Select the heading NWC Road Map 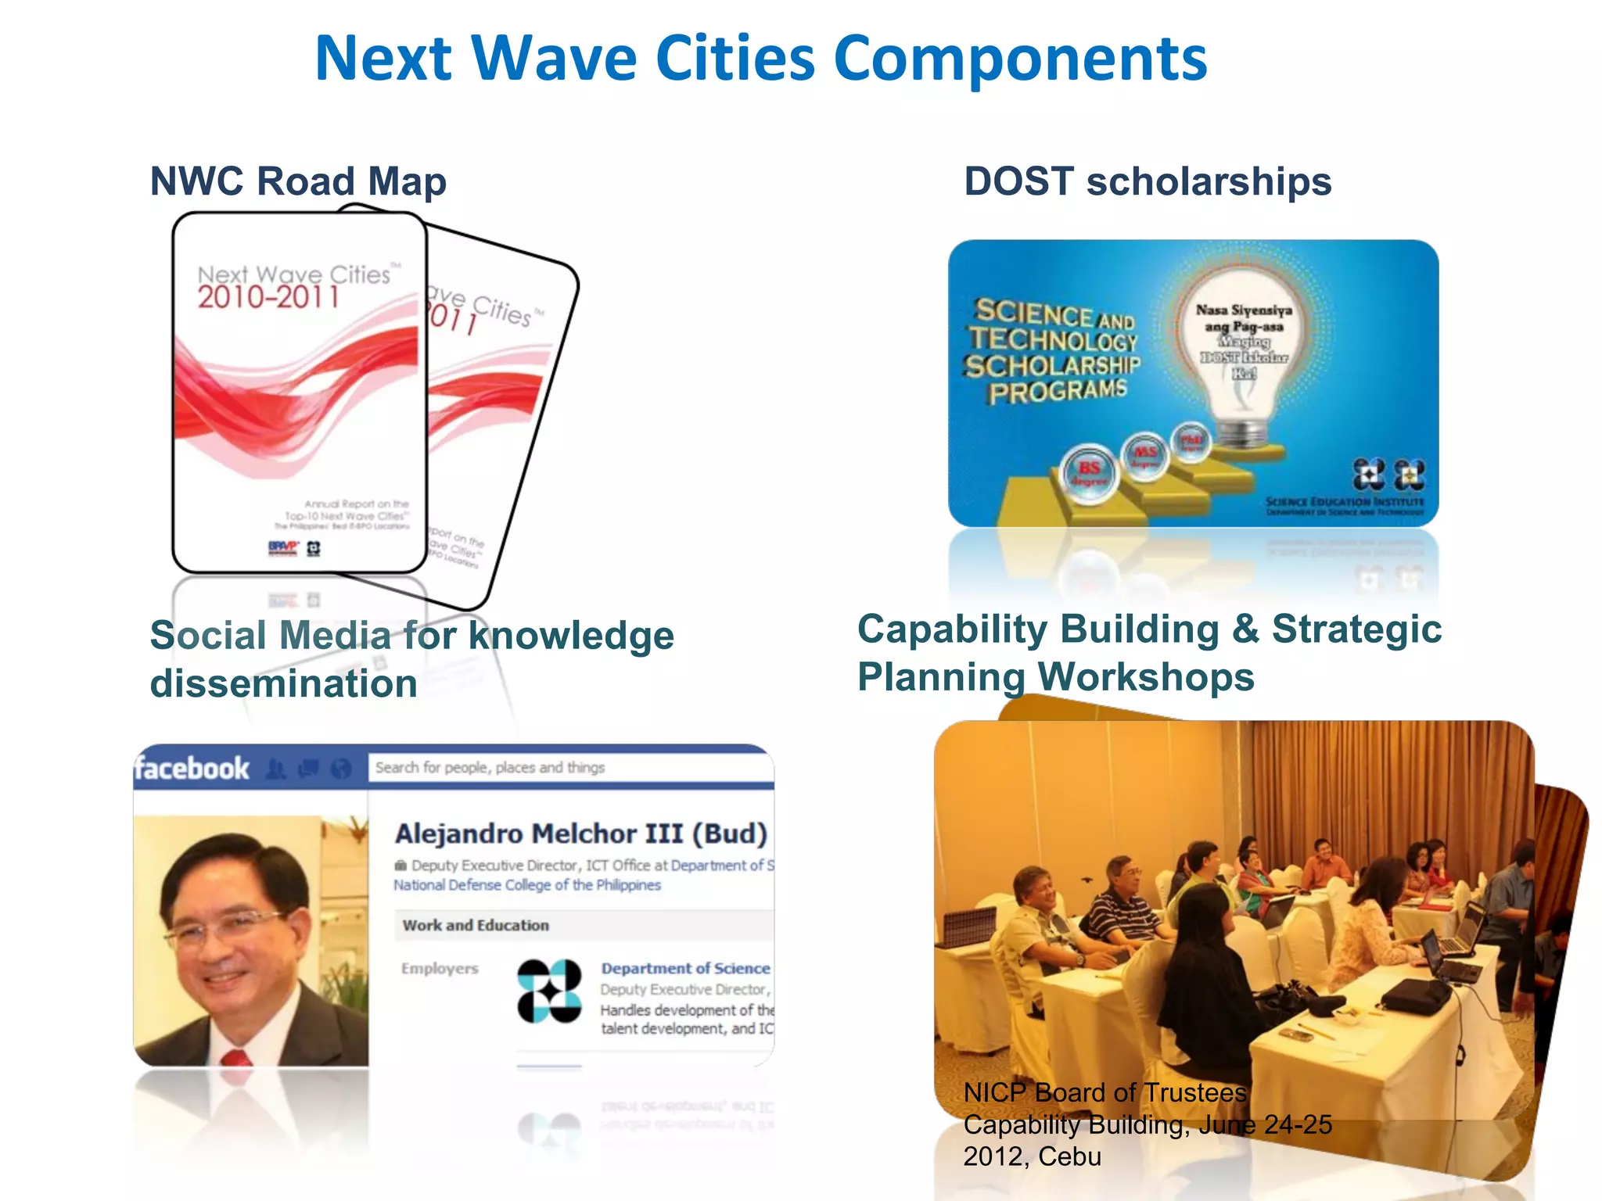point(298,181)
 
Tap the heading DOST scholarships point(1147,181)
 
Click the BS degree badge point(1090,471)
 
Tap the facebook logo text point(192,769)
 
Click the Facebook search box point(569,768)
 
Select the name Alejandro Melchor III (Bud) point(580,834)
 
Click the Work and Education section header point(476,926)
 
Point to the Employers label point(439,969)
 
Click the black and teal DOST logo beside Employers point(549,991)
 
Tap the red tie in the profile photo point(237,1058)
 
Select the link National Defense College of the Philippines point(527,885)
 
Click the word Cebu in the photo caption point(1069,1156)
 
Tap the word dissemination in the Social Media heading point(283,684)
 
